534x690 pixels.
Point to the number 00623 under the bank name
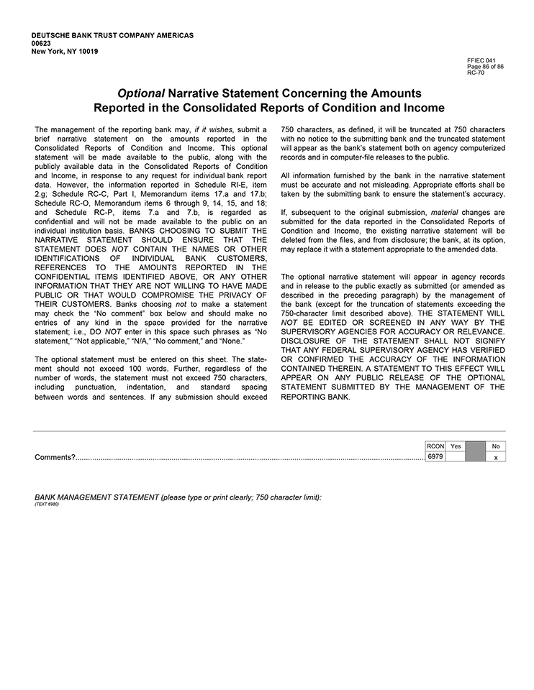click(x=42, y=44)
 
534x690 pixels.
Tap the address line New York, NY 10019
click(x=65, y=52)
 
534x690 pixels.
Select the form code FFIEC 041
click(x=481, y=61)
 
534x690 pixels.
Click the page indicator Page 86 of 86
click(x=485, y=67)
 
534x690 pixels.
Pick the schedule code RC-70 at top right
click(x=475, y=73)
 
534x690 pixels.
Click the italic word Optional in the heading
click(x=141, y=94)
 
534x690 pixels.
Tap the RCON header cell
click(x=435, y=446)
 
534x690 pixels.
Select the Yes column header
click(x=456, y=446)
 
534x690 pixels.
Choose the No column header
click(x=495, y=446)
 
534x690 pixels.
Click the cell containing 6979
click(x=435, y=456)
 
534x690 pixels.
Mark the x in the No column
click(x=495, y=457)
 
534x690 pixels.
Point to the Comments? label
click(x=55, y=457)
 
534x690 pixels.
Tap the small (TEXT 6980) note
click(x=47, y=504)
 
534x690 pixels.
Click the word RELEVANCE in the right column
click(x=478, y=331)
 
